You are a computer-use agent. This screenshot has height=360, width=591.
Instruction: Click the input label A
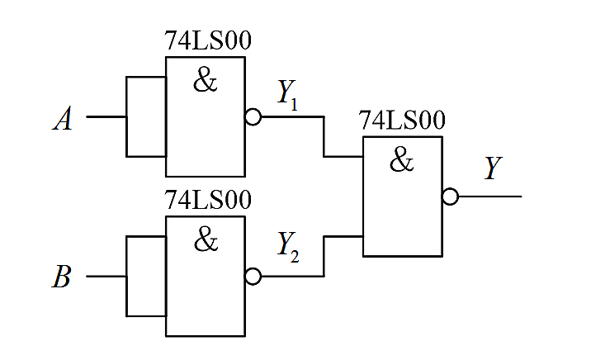click(62, 119)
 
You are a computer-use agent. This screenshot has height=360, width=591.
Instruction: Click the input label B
click(61, 277)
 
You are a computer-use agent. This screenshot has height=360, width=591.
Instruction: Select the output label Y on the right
click(493, 168)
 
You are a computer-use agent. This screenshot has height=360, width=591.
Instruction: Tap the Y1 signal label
click(287, 96)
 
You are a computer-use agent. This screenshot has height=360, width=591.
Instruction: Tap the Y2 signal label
click(288, 247)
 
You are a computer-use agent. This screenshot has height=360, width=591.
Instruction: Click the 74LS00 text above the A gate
click(208, 40)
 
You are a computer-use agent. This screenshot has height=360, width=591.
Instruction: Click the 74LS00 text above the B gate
click(208, 200)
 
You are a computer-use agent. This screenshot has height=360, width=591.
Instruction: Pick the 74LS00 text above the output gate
click(402, 121)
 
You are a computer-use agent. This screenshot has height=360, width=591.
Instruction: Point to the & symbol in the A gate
click(205, 79)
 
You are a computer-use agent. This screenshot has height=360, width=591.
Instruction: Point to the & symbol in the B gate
click(206, 239)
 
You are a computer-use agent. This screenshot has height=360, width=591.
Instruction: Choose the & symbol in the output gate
click(401, 159)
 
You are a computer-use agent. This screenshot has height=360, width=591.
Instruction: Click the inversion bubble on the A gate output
click(253, 117)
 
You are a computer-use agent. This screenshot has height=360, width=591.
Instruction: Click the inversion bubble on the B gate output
click(253, 277)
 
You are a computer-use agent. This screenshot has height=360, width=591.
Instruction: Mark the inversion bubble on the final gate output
click(450, 197)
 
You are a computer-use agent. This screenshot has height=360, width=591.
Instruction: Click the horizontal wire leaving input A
click(106, 117)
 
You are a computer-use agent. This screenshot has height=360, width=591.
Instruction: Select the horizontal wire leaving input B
click(106, 277)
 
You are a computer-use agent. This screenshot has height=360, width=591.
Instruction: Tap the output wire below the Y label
click(490, 197)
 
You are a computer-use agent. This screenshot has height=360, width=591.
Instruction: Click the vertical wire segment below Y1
click(324, 136)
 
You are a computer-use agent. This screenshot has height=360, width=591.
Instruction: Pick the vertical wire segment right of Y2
click(324, 256)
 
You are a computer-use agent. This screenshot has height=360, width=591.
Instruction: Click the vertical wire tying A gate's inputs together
click(126, 117)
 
